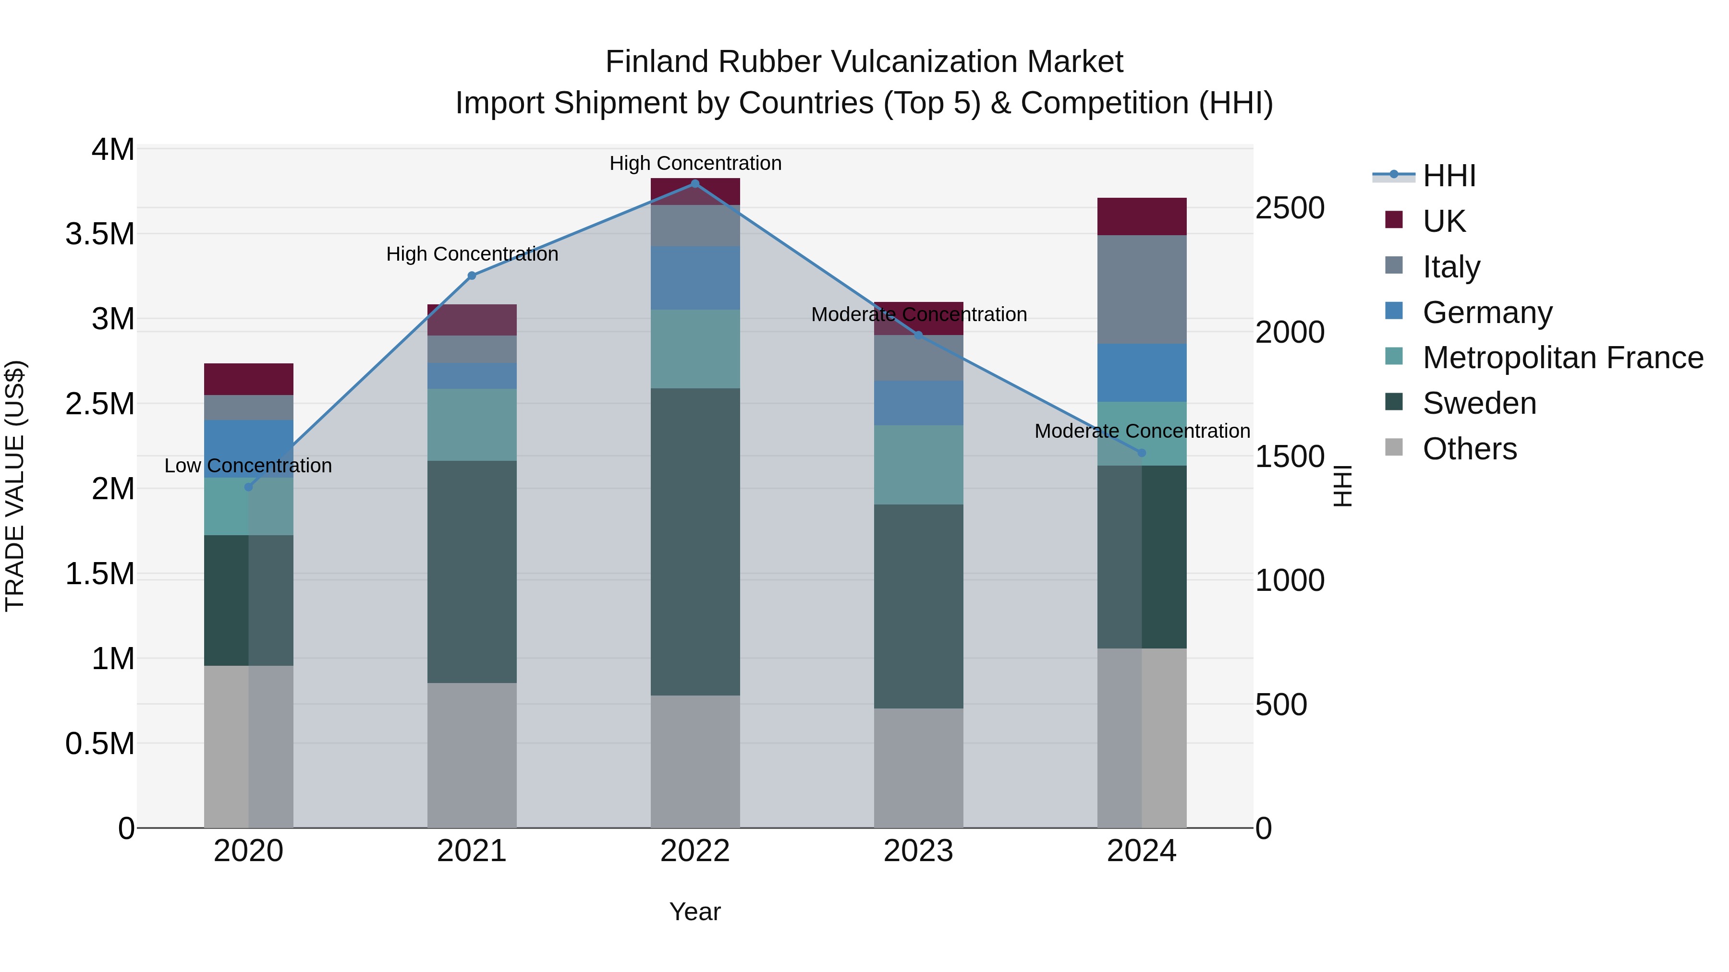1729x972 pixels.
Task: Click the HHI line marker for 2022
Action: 694,184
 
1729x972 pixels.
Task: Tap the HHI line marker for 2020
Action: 248,487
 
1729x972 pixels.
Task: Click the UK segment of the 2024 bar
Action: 1142,216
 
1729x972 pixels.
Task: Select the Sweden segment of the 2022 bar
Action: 694,541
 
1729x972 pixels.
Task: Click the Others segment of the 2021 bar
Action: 472,756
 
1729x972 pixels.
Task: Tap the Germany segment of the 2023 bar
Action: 918,403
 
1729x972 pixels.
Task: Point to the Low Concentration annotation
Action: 248,466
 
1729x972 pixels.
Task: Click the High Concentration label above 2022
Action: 694,164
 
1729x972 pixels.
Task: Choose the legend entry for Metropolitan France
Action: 1562,358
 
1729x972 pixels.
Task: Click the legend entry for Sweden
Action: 1479,403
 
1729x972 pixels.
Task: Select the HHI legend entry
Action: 1449,176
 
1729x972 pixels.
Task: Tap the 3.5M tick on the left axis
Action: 100,234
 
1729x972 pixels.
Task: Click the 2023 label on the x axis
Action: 918,851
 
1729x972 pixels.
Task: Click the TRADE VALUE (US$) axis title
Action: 15,486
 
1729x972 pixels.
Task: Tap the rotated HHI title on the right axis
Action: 1342,486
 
